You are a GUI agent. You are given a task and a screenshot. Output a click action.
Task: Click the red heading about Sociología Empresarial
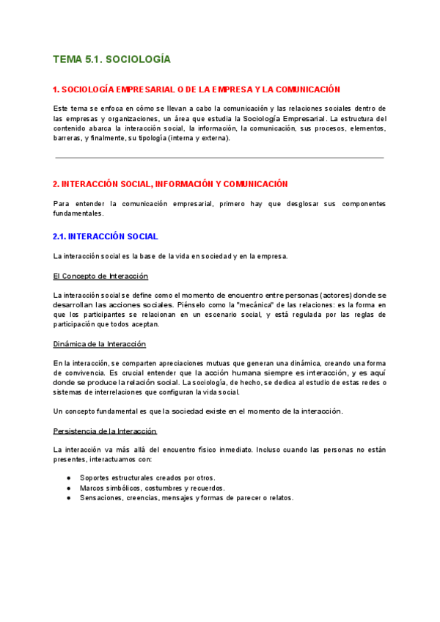(197, 89)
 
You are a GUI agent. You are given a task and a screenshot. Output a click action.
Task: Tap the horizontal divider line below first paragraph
(219, 158)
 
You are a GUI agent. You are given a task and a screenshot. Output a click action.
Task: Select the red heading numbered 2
(170, 184)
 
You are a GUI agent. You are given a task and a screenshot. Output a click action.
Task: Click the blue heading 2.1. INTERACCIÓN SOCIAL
(106, 237)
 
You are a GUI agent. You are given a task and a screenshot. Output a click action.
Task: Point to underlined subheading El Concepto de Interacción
(100, 276)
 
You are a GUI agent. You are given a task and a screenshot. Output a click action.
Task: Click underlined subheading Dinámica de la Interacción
(100, 344)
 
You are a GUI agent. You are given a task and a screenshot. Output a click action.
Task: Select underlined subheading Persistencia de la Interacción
(105, 431)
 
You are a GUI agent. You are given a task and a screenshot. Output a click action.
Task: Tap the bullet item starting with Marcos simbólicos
(153, 488)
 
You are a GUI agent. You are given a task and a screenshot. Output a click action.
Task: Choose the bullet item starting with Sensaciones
(186, 497)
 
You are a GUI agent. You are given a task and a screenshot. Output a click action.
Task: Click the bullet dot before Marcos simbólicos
(68, 488)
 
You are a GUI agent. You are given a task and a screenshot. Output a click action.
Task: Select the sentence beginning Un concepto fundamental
(198, 411)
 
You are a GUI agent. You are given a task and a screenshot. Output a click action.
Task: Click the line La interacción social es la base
(170, 256)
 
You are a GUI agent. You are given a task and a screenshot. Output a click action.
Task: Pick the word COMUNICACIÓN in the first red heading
(308, 89)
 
